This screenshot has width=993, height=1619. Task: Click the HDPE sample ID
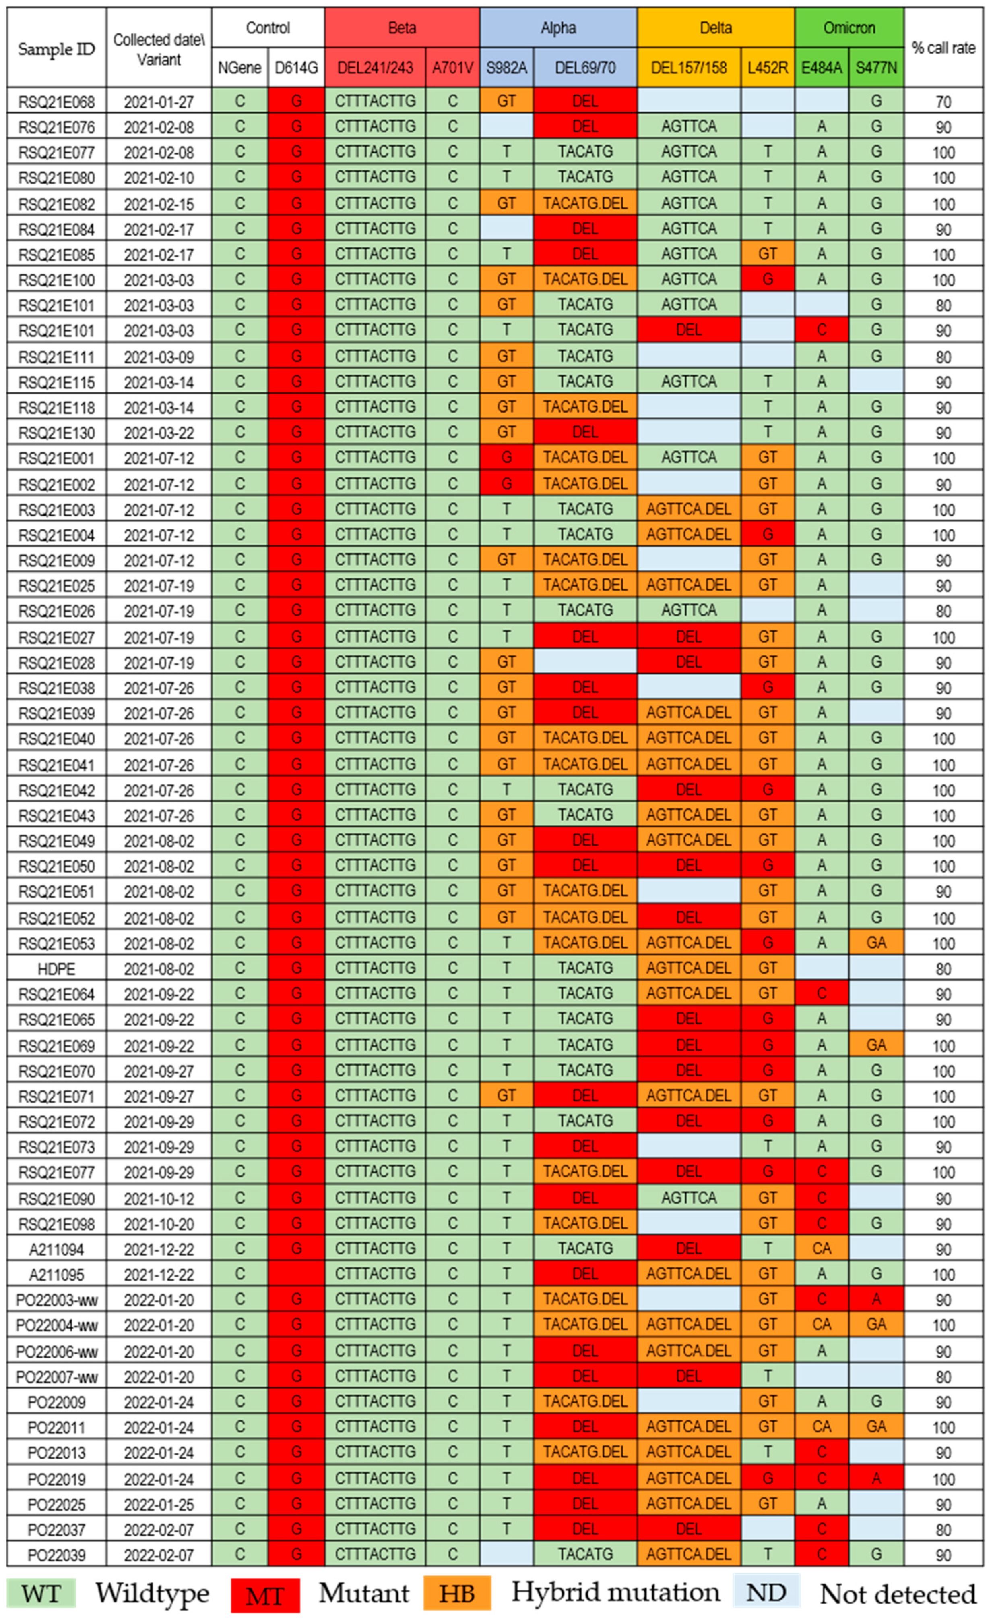pos(56,968)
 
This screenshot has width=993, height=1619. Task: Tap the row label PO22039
pos(56,1555)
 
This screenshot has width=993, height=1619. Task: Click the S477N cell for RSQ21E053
pos(876,943)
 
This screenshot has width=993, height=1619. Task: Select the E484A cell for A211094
pos(822,1248)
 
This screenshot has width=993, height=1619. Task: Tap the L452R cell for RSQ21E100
pos(767,279)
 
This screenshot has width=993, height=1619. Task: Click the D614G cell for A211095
pos(296,1274)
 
